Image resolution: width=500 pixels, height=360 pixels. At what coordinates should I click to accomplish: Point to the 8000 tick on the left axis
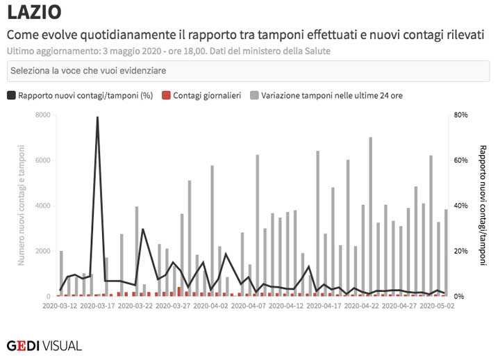pyautogui.click(x=43, y=115)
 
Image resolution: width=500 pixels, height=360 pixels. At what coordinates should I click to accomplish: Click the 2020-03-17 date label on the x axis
pyautogui.click(x=97, y=305)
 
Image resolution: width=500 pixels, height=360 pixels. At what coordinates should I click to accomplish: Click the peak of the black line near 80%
pyautogui.click(x=97, y=117)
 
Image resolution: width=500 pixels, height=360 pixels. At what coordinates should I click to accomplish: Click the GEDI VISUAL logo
pyautogui.click(x=44, y=345)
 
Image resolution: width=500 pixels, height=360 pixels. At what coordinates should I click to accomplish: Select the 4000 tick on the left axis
pyautogui.click(x=43, y=206)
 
